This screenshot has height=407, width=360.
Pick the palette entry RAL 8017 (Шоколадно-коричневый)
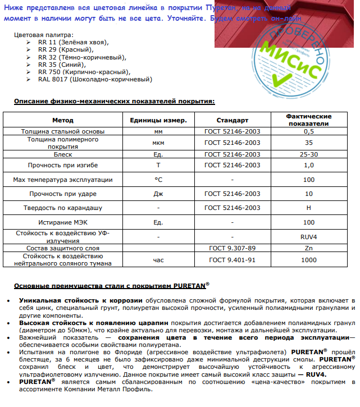coord(95,79)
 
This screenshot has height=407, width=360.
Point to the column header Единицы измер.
coord(158,120)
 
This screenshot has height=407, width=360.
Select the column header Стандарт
coord(232,120)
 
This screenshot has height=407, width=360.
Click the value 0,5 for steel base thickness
coord(308,131)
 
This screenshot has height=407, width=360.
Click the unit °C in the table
coord(158,180)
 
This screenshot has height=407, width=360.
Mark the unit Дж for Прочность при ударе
coord(158,194)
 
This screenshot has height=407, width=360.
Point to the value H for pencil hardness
coord(308,208)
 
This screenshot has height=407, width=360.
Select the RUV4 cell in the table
coord(308,236)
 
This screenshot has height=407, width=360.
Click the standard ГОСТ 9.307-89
coord(232,248)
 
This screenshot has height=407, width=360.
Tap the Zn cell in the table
coord(308,248)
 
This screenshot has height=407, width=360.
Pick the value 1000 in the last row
coord(308,260)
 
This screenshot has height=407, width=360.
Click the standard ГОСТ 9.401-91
coord(232,260)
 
